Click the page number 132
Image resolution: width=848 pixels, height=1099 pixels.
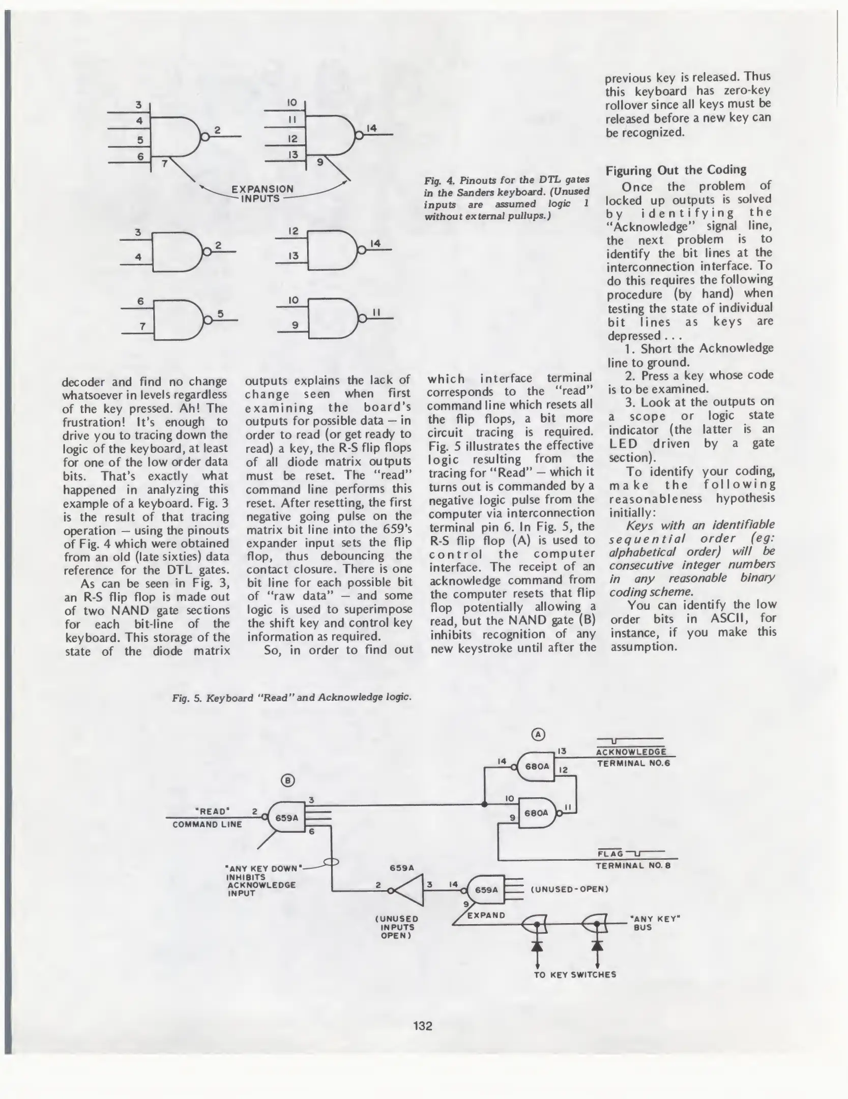coord(423,1026)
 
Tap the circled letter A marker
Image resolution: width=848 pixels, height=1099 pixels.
coord(538,734)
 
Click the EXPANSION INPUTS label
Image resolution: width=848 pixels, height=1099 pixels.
coord(262,193)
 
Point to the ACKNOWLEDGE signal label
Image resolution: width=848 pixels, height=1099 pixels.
coord(631,752)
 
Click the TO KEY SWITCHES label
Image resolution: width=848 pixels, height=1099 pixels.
coord(575,974)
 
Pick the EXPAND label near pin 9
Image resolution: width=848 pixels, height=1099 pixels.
coord(486,915)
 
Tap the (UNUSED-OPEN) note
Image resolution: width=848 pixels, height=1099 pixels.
coord(569,889)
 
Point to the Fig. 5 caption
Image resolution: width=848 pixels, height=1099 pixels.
coord(291,697)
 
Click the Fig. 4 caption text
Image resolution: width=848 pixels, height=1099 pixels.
coord(507,198)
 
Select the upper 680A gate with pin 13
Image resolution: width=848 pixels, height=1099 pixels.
coord(536,766)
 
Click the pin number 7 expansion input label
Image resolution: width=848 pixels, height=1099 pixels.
coord(164,164)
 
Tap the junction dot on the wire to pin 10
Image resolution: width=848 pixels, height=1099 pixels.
coord(484,804)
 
